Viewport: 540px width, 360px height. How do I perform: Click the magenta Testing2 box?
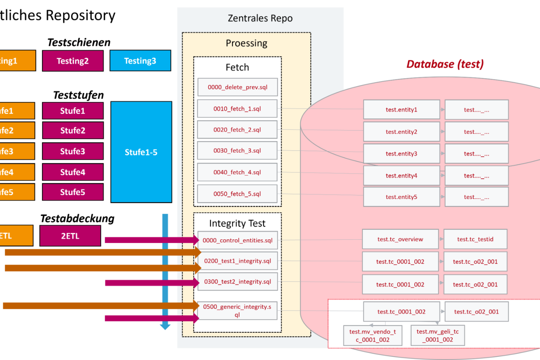point(73,61)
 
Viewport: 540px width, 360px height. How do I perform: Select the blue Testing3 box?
point(140,61)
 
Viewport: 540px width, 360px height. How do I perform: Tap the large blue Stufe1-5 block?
point(141,152)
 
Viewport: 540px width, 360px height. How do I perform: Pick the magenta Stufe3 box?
point(73,151)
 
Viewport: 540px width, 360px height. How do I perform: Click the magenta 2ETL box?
point(70,236)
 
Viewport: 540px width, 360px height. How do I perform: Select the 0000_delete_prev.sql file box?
point(238,87)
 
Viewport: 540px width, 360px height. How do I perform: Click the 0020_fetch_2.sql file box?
point(237,130)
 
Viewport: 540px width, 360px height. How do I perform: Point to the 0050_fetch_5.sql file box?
point(237,194)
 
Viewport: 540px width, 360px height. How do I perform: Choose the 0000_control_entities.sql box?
point(238,240)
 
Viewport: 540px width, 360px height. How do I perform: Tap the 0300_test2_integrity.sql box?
point(238,282)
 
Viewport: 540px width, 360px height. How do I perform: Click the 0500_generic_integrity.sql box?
point(237,311)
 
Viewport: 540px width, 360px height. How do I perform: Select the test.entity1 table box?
point(401,110)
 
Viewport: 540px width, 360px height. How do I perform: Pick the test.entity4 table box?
point(401,176)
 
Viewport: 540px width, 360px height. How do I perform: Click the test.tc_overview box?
point(400,239)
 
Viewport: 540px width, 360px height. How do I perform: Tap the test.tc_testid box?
point(475,239)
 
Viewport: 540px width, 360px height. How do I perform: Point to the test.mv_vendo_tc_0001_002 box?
point(372,335)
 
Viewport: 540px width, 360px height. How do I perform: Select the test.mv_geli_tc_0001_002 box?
point(438,335)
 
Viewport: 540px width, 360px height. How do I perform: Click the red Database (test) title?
point(445,64)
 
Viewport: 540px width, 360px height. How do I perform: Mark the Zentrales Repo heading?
point(260,18)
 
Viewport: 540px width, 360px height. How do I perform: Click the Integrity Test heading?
point(237,224)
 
